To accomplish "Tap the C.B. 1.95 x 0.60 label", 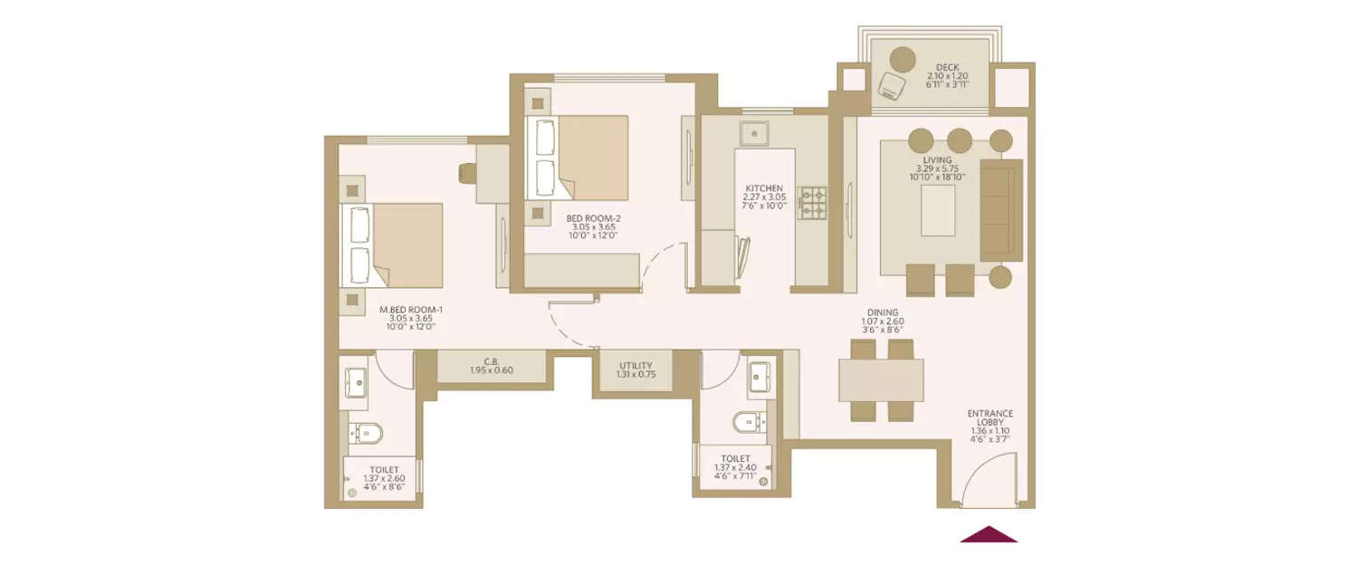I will click(x=492, y=366).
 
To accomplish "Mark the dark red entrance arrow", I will click(x=989, y=535).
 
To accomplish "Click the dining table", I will click(x=880, y=380).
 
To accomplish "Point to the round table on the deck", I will click(x=902, y=59).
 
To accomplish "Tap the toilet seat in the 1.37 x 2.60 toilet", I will click(x=366, y=433).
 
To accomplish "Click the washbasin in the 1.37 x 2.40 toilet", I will click(x=760, y=374).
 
